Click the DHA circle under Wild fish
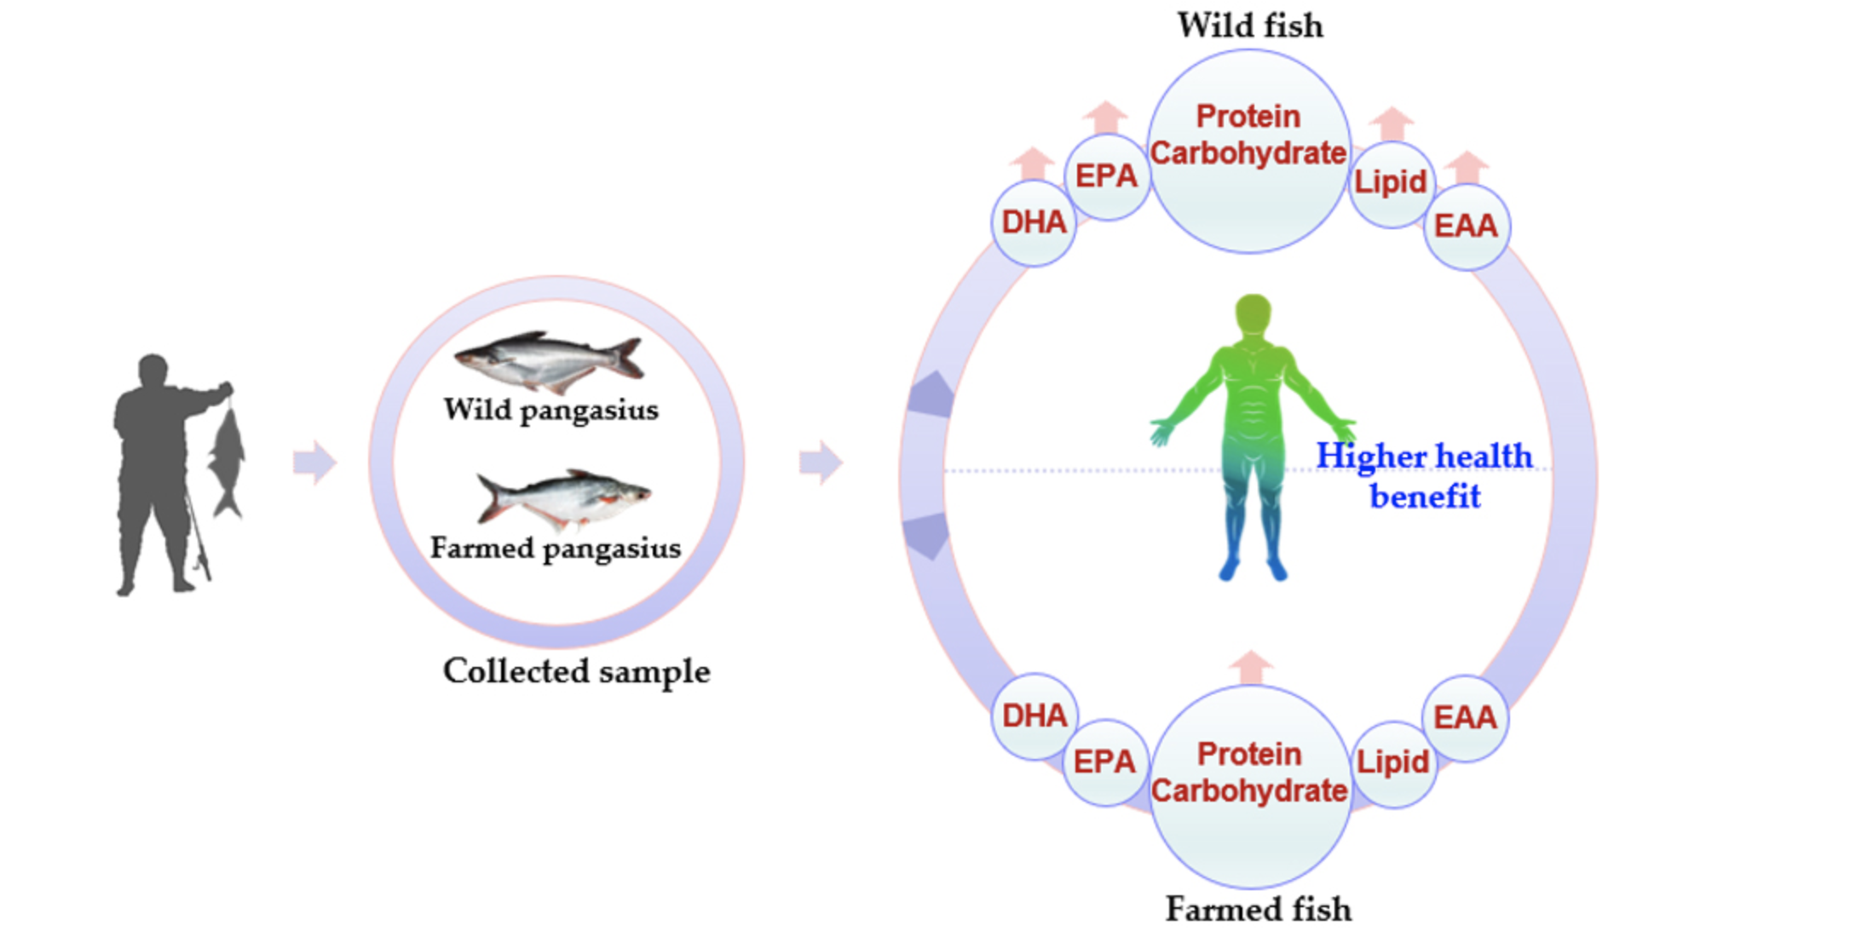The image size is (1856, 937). tap(1034, 223)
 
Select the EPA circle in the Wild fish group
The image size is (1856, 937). tap(1106, 176)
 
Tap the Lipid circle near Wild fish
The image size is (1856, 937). tap(1391, 183)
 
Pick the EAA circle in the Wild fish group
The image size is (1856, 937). tap(1466, 227)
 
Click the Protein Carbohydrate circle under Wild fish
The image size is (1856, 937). tap(1248, 151)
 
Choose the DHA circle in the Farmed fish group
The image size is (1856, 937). tap(1035, 716)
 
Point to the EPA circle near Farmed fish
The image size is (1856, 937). tap(1105, 762)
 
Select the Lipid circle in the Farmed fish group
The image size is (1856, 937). tap(1392, 763)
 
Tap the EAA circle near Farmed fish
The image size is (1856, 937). tap(1465, 718)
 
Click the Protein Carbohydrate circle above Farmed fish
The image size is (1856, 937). tap(1249, 785)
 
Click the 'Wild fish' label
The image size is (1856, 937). tap(1250, 26)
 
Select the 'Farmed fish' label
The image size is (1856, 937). tap(1258, 910)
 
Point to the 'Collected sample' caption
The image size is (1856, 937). tap(576, 672)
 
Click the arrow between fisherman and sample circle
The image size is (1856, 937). tap(314, 463)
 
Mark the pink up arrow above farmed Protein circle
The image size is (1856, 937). tap(1251, 667)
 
